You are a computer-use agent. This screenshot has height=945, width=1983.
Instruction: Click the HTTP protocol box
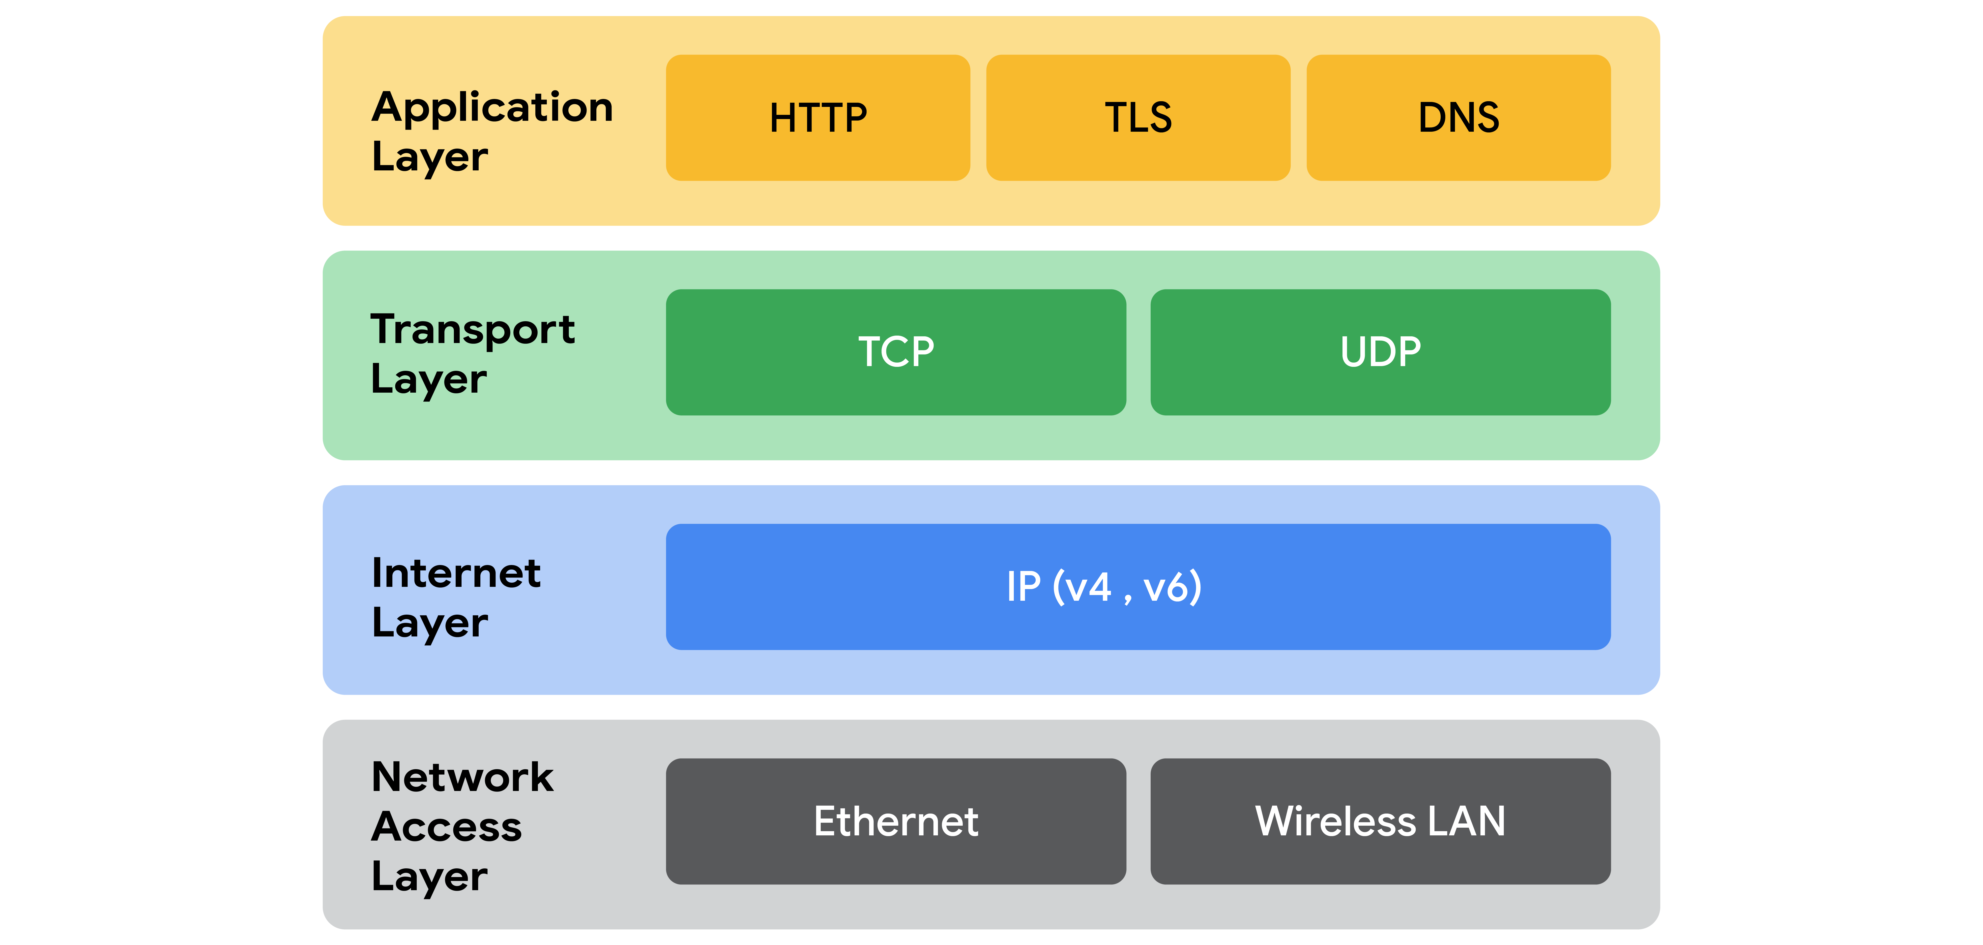point(817,118)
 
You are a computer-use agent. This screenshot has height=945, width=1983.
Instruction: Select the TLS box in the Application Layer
point(1138,118)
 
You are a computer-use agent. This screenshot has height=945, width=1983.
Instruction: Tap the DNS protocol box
point(1458,118)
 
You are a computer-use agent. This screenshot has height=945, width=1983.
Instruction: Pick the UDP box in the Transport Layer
point(1380,352)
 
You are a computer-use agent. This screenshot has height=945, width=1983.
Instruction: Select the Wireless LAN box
point(1380,821)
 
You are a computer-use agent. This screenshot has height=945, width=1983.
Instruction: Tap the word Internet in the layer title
point(456,573)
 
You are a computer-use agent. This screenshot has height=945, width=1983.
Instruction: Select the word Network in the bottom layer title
point(462,776)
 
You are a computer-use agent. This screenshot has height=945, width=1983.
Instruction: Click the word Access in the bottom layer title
point(446,826)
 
